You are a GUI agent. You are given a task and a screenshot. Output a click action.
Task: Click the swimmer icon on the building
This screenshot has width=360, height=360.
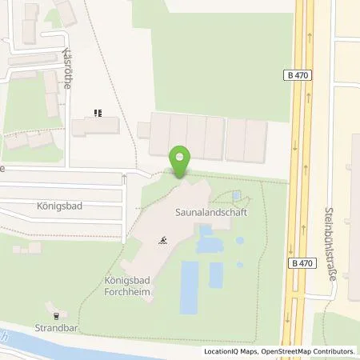163,239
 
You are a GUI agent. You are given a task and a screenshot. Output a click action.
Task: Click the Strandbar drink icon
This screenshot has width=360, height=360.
54,313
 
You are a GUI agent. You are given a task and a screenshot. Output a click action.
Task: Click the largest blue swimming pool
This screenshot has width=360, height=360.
190,286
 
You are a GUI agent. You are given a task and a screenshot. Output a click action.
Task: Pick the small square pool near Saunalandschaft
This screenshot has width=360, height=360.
236,195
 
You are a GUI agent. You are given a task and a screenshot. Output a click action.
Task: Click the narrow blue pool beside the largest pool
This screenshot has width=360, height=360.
216,274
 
